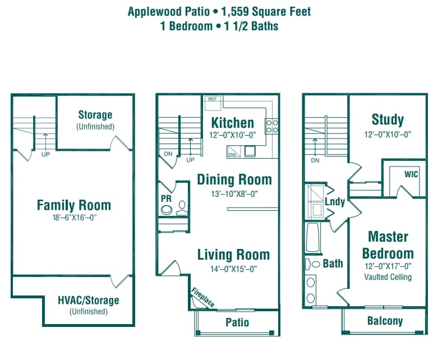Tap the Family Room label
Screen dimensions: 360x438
coord(73,205)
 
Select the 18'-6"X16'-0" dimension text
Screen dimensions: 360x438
coord(73,218)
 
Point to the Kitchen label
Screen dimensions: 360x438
coord(232,122)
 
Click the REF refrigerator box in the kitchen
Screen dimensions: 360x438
coord(212,99)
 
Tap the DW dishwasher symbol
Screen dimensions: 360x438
coord(232,154)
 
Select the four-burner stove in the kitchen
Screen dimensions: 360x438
coord(272,126)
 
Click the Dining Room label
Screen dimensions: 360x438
coord(234,179)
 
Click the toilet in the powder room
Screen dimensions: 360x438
coord(181,209)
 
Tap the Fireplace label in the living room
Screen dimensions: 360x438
coord(203,297)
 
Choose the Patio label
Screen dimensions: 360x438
coord(237,322)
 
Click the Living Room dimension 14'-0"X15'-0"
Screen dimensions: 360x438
coord(233,269)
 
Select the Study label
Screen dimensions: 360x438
coord(388,119)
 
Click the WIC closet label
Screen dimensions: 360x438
coord(411,174)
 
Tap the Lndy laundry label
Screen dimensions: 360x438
coord(335,201)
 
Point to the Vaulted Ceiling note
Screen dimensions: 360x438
coord(388,277)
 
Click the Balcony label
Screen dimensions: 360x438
coord(385,321)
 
